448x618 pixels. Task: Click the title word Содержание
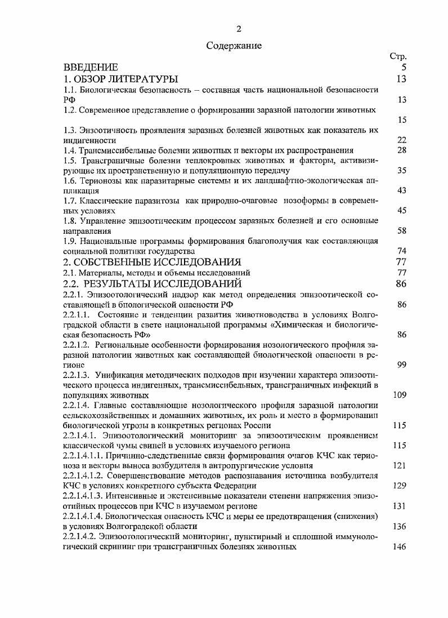pyautogui.click(x=234, y=46)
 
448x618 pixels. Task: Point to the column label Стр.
pyautogui.click(x=398, y=56)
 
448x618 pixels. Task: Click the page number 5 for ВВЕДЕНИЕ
pyautogui.click(x=404, y=68)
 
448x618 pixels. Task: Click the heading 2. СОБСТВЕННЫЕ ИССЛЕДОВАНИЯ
pyautogui.click(x=152, y=262)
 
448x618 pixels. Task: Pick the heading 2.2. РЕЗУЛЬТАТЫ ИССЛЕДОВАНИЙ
pyautogui.click(x=152, y=283)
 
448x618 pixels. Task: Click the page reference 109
pyautogui.click(x=400, y=395)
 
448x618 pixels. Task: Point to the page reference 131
pyautogui.click(x=400, y=506)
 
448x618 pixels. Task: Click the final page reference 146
pyautogui.click(x=400, y=546)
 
